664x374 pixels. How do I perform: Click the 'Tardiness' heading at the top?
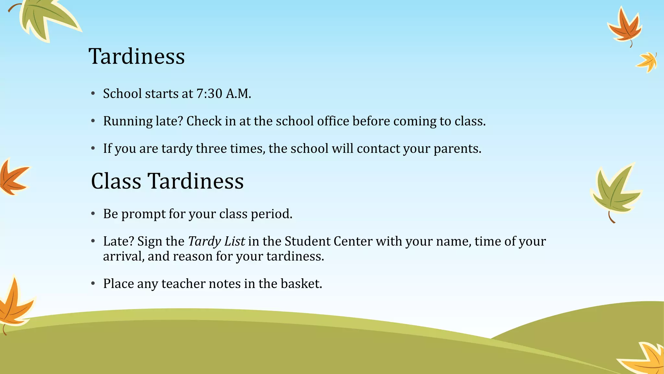point(136,56)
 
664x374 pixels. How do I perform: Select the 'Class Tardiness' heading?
point(167,181)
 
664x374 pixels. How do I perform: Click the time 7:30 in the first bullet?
point(209,94)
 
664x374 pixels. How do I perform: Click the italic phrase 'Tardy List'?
point(216,241)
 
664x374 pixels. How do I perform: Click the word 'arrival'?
point(124,256)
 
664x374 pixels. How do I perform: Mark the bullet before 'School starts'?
point(93,94)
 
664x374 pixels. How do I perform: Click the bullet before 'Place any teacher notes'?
point(93,284)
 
